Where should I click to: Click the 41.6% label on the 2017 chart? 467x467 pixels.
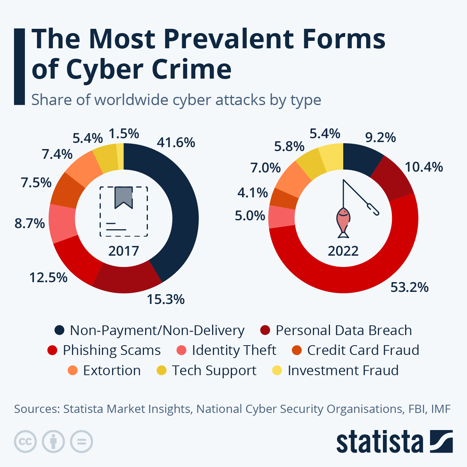pyautogui.click(x=176, y=142)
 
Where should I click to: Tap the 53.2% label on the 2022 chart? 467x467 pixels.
pyautogui.click(x=409, y=287)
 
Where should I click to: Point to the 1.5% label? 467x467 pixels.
pyautogui.click(x=124, y=133)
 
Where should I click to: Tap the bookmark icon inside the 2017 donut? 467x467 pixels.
pyautogui.click(x=124, y=197)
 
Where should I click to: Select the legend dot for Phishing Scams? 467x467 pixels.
pyautogui.click(x=52, y=350)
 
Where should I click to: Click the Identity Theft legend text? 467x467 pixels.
pyautogui.click(x=234, y=350)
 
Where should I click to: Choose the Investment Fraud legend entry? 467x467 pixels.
pyautogui.click(x=343, y=370)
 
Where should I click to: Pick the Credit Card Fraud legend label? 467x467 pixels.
pyautogui.click(x=363, y=350)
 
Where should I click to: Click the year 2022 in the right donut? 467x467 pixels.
pyautogui.click(x=343, y=251)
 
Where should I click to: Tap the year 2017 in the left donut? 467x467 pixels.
pyautogui.click(x=124, y=251)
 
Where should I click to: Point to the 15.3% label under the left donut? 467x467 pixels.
pyautogui.click(x=166, y=299)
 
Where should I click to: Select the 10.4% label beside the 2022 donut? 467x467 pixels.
pyautogui.click(x=424, y=167)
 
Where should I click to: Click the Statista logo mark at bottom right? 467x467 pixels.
pyautogui.click(x=441, y=441)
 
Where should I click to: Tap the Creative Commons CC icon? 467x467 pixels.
pyautogui.click(x=25, y=442)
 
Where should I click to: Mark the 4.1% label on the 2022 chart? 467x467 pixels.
pyautogui.click(x=253, y=193)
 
